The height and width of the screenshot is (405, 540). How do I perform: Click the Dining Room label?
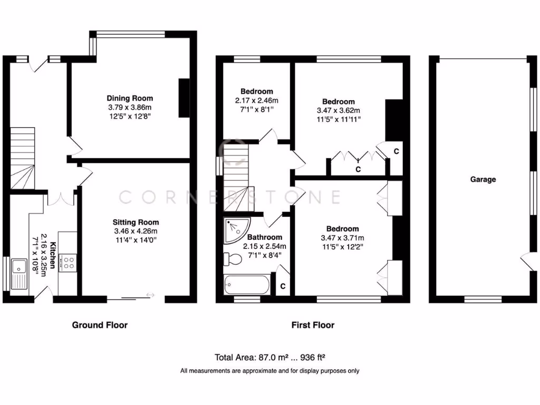point(130,98)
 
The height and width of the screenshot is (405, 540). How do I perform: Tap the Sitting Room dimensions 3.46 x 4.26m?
point(136,231)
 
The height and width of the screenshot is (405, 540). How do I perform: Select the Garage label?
point(483,179)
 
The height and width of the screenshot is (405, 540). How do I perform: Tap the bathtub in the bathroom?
point(247,285)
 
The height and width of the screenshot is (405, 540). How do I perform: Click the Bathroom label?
point(264,237)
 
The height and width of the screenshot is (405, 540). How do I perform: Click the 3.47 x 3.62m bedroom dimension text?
point(338,110)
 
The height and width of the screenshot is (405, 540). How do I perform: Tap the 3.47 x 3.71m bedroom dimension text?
point(342,237)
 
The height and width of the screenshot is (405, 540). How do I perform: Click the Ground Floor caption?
point(100,325)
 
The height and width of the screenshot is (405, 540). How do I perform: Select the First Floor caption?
point(313,325)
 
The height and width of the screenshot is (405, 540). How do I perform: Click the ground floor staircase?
point(22,158)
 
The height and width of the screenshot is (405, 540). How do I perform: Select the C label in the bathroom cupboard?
point(283,286)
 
